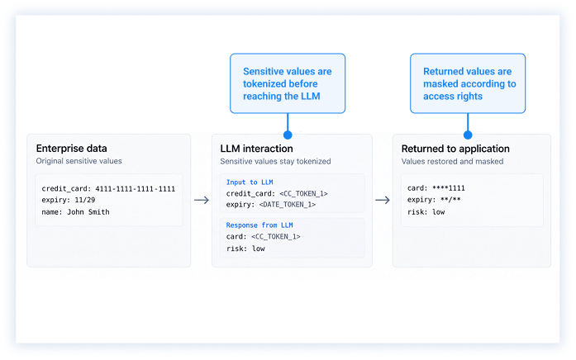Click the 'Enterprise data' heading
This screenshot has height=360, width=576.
tap(72, 149)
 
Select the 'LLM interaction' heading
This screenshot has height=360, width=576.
tap(256, 149)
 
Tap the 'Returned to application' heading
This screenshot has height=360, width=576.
tap(455, 149)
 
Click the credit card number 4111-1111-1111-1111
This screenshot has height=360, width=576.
tap(136, 188)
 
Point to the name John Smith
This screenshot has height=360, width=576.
tap(88, 211)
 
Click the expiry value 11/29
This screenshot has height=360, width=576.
tap(85, 200)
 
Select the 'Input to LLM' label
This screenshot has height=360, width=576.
tap(250, 182)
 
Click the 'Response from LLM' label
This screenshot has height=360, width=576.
tap(259, 225)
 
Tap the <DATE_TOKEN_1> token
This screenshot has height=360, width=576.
tap(288, 205)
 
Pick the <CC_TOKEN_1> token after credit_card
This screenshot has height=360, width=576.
tap(303, 193)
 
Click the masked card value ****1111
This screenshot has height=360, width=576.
tap(449, 188)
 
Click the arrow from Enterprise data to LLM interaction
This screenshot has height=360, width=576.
tap(202, 200)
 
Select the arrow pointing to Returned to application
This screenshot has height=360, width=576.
tap(383, 200)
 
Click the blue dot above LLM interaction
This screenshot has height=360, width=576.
tap(288, 135)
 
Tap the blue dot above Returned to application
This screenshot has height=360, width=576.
tap(468, 135)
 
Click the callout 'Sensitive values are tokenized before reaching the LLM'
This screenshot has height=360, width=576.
tap(288, 83)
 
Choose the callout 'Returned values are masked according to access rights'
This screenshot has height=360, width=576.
tap(468, 83)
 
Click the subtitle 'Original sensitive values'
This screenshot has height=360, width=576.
tap(79, 161)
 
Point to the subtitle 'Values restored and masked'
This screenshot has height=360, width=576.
tap(452, 161)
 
